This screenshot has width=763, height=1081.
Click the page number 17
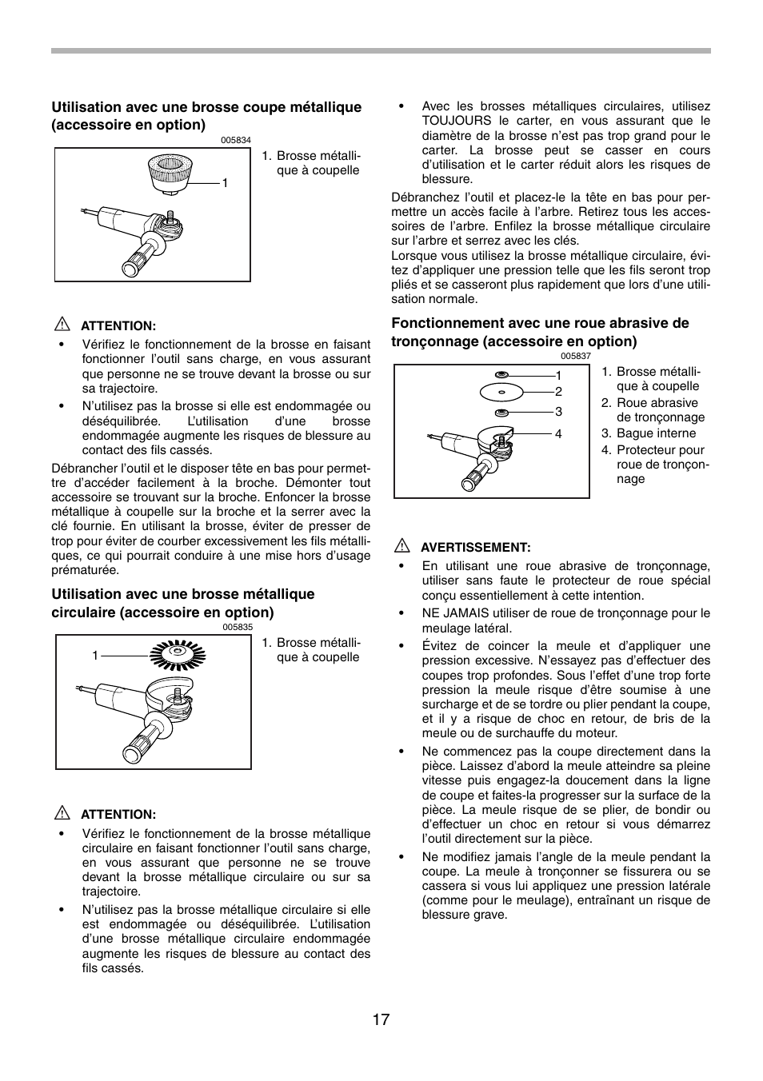tap(381, 1019)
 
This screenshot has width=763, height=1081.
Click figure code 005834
tap(236, 141)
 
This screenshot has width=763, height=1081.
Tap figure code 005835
tap(237, 628)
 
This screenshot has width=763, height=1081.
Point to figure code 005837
tap(575, 357)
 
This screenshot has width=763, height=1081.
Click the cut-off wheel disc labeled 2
tap(501, 393)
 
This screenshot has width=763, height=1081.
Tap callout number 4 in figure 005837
tap(558, 434)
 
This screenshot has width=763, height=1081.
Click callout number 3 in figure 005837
tap(558, 412)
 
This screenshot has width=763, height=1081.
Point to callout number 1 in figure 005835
tap(95, 656)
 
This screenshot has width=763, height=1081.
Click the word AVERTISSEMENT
tap(476, 548)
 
